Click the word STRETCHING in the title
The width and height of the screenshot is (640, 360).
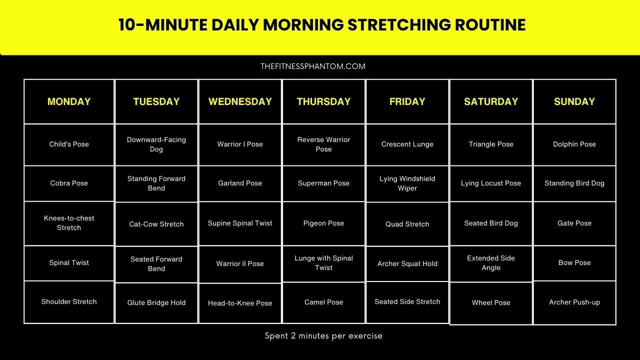click(399, 25)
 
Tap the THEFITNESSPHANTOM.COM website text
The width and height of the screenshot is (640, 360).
click(313, 66)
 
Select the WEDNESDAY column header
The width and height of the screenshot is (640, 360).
click(240, 101)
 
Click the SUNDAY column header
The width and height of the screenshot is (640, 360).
click(574, 101)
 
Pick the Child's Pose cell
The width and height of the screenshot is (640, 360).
click(69, 144)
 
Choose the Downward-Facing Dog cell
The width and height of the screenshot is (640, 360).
click(156, 144)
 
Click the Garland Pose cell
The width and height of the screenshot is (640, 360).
click(240, 183)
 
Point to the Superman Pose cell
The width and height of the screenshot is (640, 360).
click(323, 183)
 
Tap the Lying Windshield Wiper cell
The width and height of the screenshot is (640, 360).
click(407, 183)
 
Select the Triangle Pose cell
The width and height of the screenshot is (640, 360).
click(491, 144)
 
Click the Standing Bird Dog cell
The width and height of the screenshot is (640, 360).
click(574, 183)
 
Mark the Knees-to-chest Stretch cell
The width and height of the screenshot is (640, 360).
click(69, 223)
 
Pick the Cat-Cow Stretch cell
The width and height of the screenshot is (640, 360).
click(156, 224)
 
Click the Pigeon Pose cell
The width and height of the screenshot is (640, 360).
click(323, 223)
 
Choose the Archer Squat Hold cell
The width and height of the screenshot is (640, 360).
click(407, 263)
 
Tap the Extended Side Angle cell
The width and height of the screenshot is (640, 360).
click(491, 263)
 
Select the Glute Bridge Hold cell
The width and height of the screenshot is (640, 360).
click(156, 303)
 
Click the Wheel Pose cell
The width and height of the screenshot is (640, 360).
click(491, 303)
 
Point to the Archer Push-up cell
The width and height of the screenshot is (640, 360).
click(574, 302)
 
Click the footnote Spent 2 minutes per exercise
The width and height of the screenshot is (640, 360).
click(323, 336)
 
